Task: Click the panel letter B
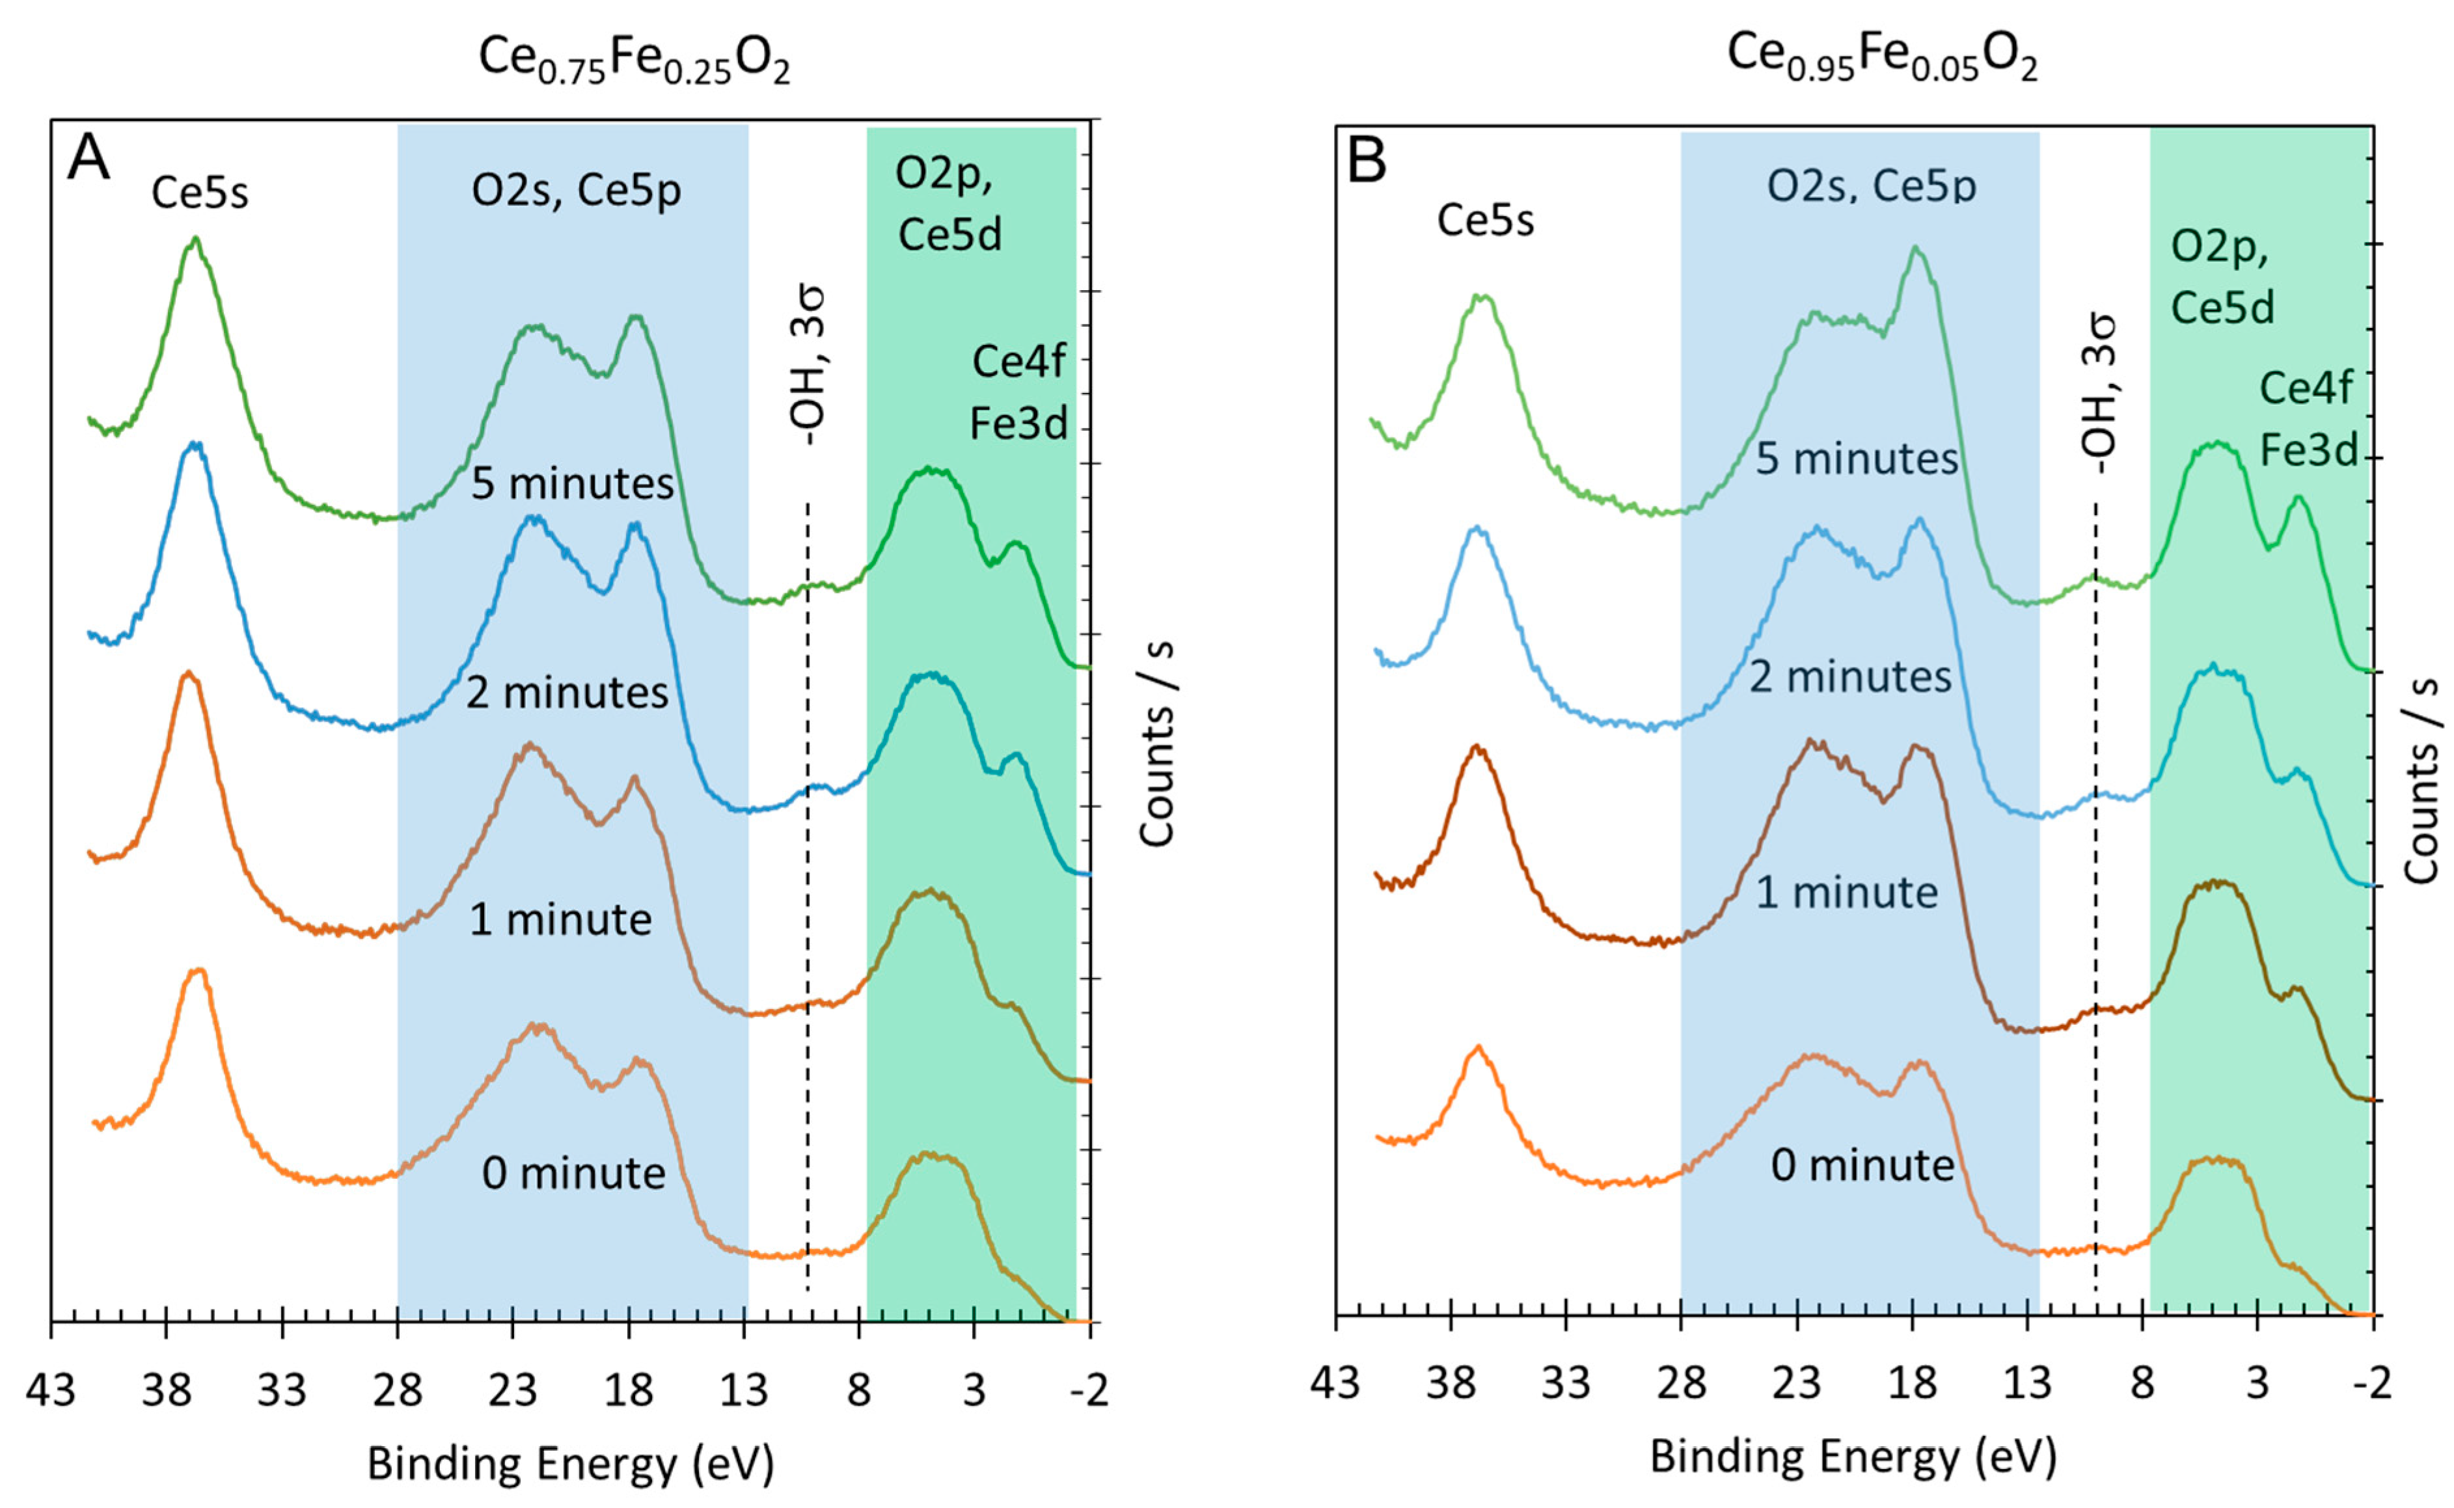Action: tap(1367, 159)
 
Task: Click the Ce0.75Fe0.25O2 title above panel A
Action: tap(634, 60)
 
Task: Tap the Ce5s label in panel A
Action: tap(200, 193)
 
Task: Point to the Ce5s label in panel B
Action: tap(1484, 221)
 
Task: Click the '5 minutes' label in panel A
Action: tap(573, 484)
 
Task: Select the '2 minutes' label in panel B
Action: tap(1851, 677)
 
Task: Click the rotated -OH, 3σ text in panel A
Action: tap(808, 365)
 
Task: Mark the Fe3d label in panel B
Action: tap(2308, 451)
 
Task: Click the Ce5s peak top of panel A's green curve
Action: tap(195, 239)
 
